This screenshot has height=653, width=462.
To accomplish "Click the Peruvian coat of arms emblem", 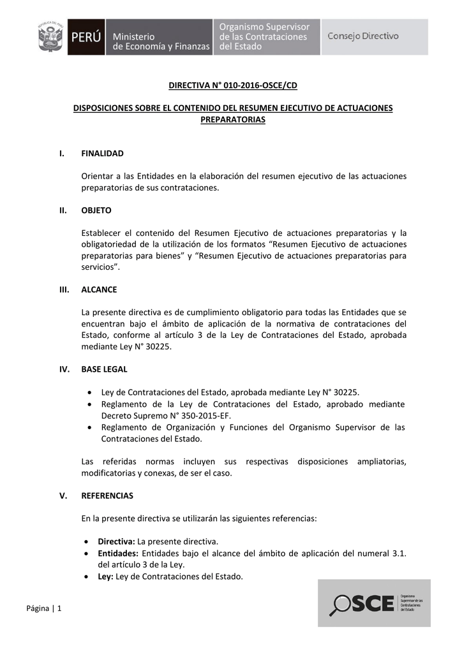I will tap(50, 37).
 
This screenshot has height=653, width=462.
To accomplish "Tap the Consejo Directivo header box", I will tap(363, 36).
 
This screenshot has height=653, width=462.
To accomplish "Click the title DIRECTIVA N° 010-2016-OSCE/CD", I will tap(233, 85).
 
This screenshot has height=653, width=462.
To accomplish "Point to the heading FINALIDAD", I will tap(102, 154).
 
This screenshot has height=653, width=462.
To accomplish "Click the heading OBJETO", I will tap(96, 210).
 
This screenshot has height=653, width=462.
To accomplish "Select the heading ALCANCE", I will tap(99, 290).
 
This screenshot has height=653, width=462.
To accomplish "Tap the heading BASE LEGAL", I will tap(104, 369).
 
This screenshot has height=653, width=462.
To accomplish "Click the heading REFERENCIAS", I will tap(107, 495).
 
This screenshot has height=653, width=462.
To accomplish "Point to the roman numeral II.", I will tap(63, 210).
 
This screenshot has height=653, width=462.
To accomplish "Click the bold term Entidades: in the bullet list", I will tap(118, 553).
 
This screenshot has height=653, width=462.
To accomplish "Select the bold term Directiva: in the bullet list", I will tap(116, 541).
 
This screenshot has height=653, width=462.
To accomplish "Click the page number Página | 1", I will tap(44, 608).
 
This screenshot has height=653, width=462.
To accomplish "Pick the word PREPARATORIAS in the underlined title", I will tap(233, 120).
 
